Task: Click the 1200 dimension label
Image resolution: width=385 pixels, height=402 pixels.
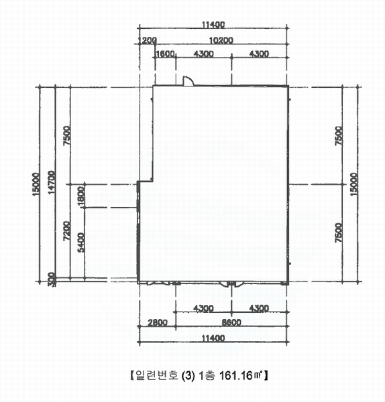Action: [x=147, y=40]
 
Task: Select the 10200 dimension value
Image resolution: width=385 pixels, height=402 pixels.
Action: [x=221, y=40]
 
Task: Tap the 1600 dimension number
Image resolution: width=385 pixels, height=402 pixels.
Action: [x=165, y=54]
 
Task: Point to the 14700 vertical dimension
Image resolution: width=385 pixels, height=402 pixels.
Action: [x=52, y=182]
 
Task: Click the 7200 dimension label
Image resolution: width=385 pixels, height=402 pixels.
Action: [x=66, y=230]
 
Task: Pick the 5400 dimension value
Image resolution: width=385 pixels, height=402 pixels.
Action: [x=81, y=243]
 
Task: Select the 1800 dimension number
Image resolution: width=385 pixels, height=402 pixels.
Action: [x=81, y=196]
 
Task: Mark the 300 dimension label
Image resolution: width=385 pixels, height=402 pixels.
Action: [x=52, y=279]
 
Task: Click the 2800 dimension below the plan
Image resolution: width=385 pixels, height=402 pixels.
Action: [x=158, y=322]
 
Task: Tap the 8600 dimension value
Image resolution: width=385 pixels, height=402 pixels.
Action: [x=231, y=322]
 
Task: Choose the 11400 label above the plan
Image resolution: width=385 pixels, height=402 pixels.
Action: [x=213, y=25]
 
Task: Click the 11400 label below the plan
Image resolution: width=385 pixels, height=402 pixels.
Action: [x=213, y=338]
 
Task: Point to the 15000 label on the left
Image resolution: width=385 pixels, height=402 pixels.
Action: [x=36, y=184]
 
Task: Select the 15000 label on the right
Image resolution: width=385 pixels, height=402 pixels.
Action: [x=353, y=184]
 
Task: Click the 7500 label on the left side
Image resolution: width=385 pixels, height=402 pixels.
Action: [x=66, y=135]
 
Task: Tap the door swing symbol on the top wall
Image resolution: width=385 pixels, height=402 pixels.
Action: [x=188, y=80]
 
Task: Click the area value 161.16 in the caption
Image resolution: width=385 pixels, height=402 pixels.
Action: [x=236, y=376]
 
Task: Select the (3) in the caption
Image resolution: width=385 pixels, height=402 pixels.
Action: [x=188, y=376]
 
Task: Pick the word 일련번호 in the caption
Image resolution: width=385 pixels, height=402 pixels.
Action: [x=156, y=376]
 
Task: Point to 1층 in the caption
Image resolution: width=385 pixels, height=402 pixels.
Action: [x=207, y=376]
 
